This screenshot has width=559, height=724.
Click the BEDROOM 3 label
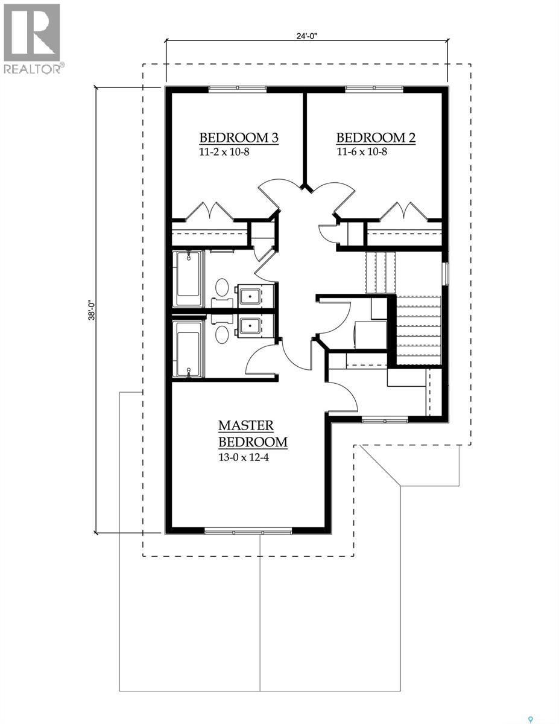coord(239,138)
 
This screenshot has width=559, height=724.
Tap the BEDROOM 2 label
coord(376,138)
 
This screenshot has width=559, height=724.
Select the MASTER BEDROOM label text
coord(253,434)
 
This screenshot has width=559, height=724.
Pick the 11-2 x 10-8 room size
coord(224,151)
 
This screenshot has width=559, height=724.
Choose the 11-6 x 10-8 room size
coord(361,151)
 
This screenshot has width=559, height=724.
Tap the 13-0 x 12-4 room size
coord(243,457)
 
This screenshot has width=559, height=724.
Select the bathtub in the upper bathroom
coord(188,280)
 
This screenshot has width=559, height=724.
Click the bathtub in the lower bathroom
coord(188,349)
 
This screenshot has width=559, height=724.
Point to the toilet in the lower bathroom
coord(222,331)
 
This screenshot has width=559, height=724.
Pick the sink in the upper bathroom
coord(250,296)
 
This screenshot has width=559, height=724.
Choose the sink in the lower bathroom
coord(250,326)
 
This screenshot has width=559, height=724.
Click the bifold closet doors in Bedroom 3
coord(209,211)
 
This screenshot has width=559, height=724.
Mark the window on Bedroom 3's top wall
coord(238,89)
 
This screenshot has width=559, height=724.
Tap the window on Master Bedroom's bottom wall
coord(248,532)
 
